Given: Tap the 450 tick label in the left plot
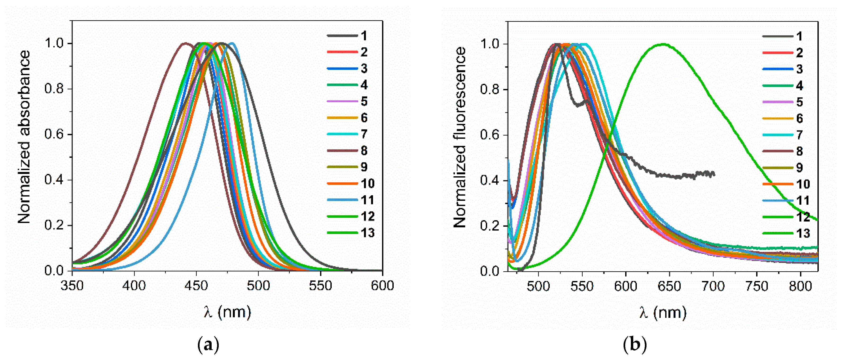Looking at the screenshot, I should (x=196, y=286).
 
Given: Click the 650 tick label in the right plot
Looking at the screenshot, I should (x=669, y=286).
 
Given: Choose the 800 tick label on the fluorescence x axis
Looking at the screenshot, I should (x=800, y=286).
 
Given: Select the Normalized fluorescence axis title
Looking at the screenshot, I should (x=460, y=137).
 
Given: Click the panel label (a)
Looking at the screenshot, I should (x=209, y=345).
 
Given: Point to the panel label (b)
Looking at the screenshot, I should (x=635, y=345).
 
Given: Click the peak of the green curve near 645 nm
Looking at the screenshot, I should (x=663, y=44).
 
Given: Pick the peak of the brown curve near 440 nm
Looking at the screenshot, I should (x=185, y=43).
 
